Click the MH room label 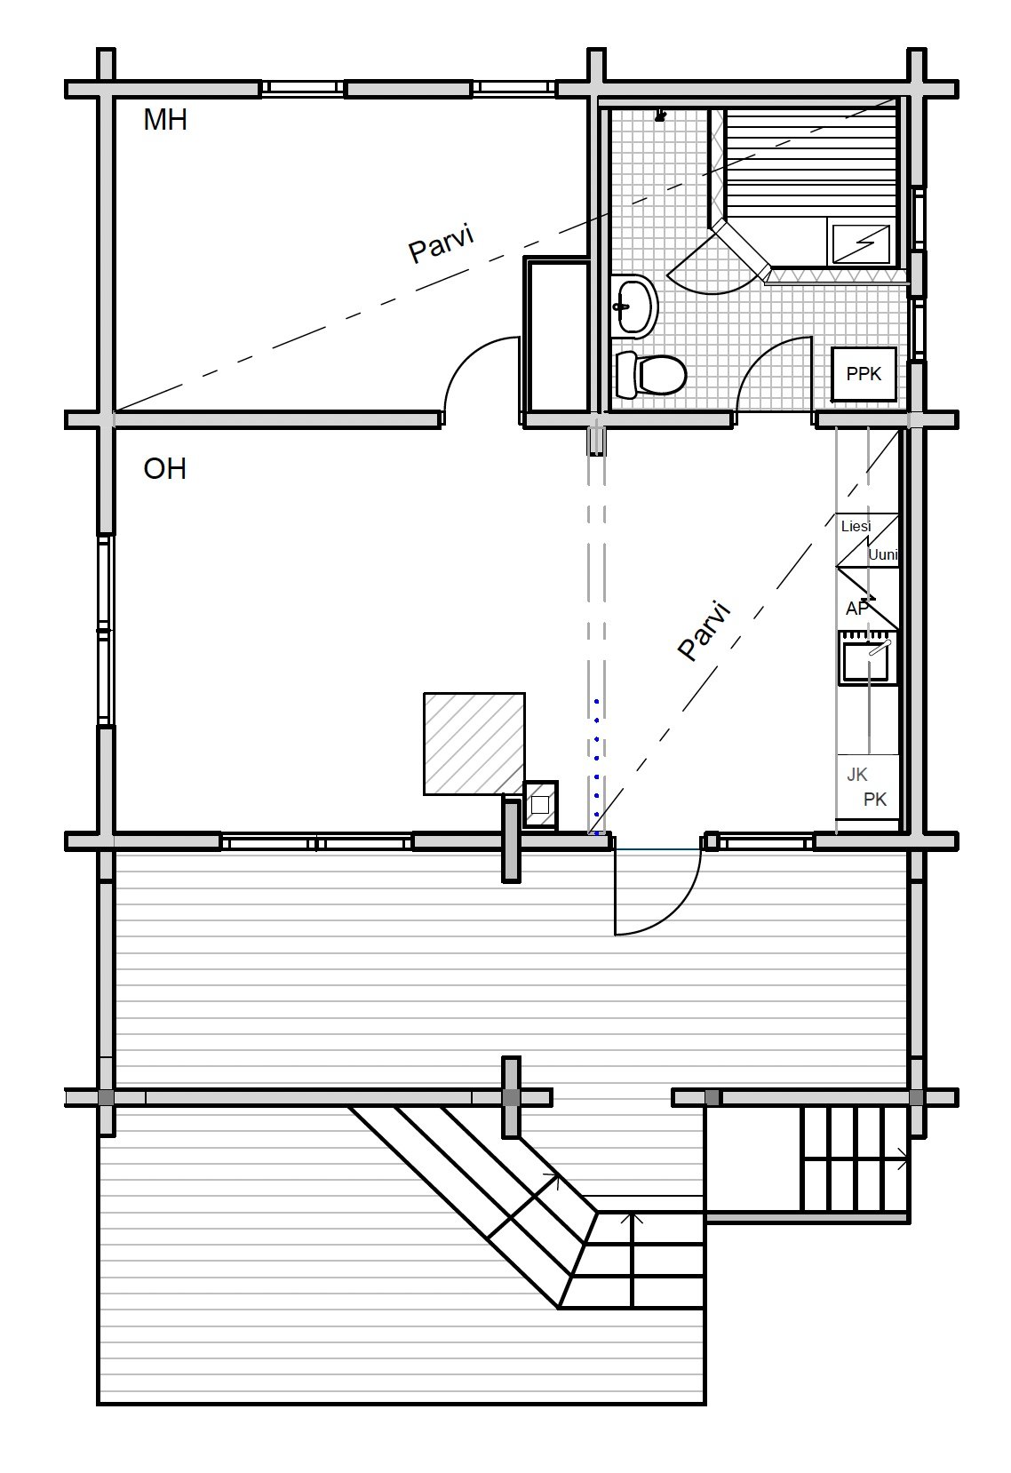click(165, 120)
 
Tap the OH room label click(164, 469)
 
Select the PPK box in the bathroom click(864, 374)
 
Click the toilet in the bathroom click(651, 375)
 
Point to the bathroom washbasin click(634, 307)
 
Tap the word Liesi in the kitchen click(856, 526)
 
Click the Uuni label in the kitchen click(883, 555)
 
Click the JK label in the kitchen click(856, 776)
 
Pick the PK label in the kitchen click(875, 800)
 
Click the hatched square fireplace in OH click(474, 744)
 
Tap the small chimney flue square click(540, 805)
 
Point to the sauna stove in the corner click(861, 243)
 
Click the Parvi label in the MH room click(442, 244)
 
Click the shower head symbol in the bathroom click(660, 116)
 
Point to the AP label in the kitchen click(857, 609)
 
